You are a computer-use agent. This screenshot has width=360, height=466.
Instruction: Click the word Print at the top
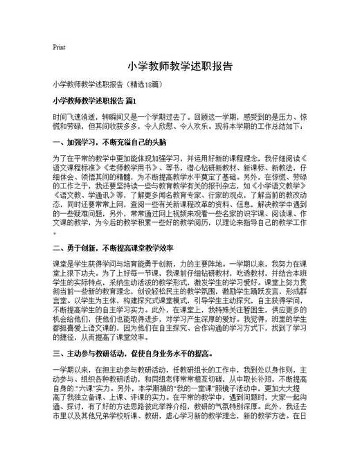59,48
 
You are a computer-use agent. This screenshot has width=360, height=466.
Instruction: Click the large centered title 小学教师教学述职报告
179,67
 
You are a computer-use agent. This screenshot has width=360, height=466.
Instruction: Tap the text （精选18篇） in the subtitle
143,84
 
